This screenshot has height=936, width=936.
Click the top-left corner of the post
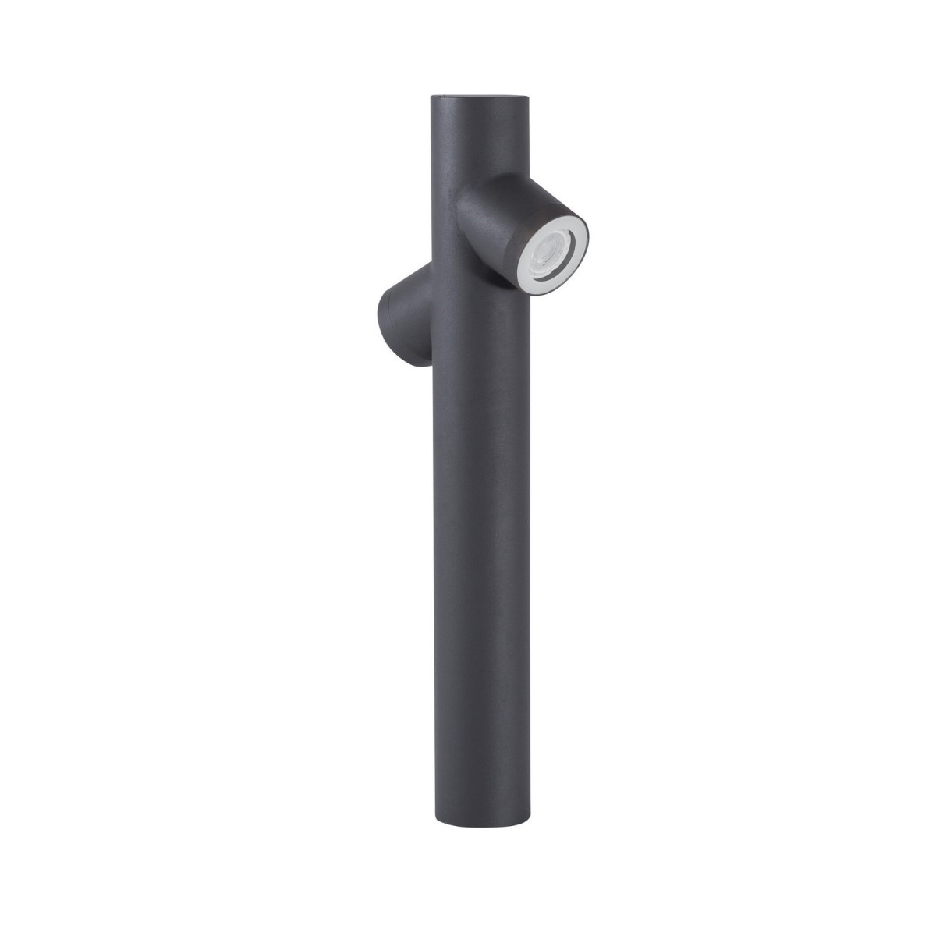pos(433,100)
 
